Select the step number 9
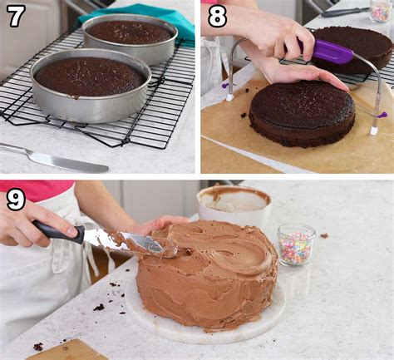tap(15, 200)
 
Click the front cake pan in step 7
tap(90, 83)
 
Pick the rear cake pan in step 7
tap(130, 37)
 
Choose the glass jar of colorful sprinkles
tap(296, 245)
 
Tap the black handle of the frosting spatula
tap(58, 232)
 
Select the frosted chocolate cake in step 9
tap(208, 274)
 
